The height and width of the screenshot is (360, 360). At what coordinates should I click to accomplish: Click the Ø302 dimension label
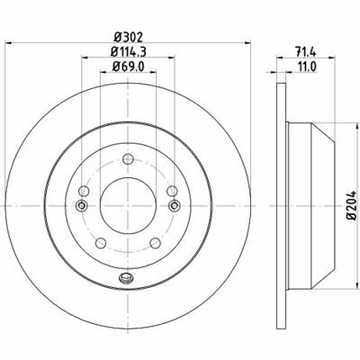click(x=129, y=38)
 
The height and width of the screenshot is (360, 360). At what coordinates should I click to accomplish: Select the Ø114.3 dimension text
click(x=129, y=52)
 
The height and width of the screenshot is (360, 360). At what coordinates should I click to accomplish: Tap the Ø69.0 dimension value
click(x=129, y=67)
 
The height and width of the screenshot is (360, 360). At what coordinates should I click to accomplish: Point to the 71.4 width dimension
click(x=306, y=52)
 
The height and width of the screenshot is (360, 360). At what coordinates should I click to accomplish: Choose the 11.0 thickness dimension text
click(x=306, y=67)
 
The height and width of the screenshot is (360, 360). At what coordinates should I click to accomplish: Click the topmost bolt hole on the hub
click(x=128, y=159)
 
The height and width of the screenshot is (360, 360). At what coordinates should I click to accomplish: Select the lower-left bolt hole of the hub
click(x=101, y=243)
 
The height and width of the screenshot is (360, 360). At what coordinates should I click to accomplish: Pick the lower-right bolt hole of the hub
click(x=156, y=243)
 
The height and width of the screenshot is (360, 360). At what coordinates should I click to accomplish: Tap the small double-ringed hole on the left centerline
click(x=81, y=205)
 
